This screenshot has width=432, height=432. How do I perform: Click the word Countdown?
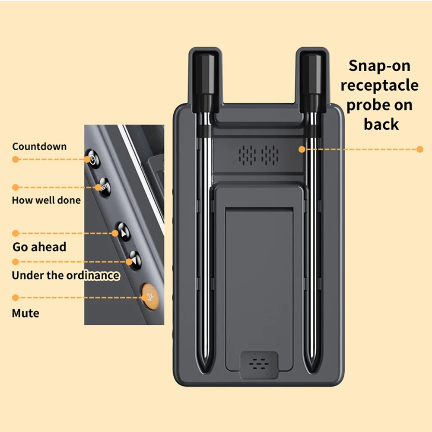39,146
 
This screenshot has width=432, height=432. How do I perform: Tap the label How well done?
46,200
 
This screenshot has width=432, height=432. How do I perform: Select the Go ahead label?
39,248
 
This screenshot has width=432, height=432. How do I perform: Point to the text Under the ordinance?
65,275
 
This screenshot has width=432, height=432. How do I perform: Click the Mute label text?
25,313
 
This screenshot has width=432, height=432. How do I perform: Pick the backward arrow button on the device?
134,260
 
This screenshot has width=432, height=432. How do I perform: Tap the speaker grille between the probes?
259,155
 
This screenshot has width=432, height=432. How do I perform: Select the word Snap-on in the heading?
379,66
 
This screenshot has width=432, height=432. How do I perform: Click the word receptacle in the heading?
379,85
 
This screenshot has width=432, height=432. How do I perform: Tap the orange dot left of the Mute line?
16,298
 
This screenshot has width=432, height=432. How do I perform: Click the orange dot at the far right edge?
419,149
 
